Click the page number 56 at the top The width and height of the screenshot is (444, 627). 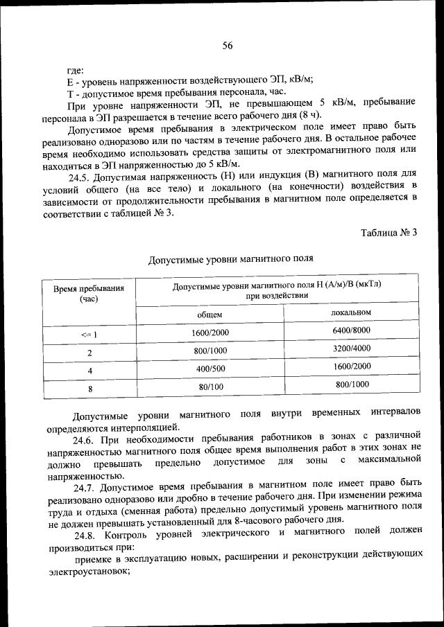228,46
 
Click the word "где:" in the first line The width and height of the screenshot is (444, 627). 76,69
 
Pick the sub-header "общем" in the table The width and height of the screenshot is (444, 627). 210,315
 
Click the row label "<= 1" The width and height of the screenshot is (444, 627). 89,335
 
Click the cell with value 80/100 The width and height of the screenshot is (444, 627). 210,387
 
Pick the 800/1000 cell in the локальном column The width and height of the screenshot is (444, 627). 352,385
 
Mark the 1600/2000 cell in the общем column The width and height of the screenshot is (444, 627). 210,333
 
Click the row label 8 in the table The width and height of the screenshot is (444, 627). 89,389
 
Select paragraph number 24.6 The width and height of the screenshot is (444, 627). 84,439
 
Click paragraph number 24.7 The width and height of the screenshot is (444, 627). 84,488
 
